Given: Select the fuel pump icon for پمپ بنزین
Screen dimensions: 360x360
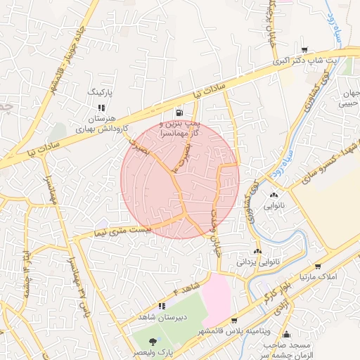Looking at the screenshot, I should point(180,112).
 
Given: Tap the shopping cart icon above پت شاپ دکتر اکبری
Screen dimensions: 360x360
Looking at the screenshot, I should point(304,50).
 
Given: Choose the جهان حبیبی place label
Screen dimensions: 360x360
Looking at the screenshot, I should point(349,99).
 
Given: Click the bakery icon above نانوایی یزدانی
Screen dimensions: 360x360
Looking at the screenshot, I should point(258,251).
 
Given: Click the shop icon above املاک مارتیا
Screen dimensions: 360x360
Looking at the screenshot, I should point(318,266).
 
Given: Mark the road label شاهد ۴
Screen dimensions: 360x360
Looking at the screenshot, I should point(186,288).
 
